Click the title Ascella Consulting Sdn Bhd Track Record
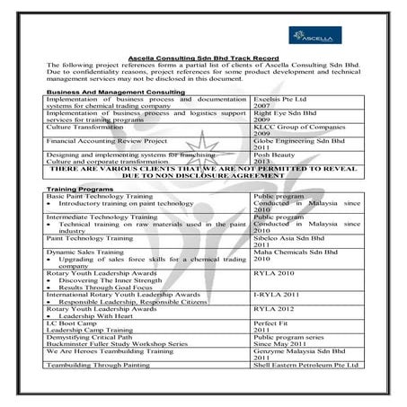[x=202, y=58]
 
